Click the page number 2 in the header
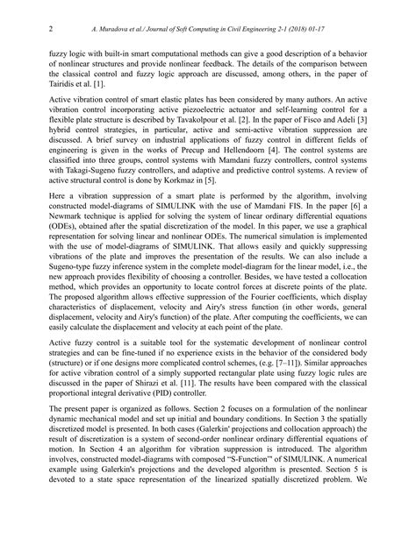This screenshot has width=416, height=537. tap(49, 28)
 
